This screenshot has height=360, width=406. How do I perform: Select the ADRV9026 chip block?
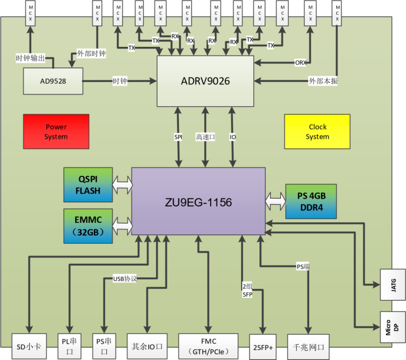click(205, 81)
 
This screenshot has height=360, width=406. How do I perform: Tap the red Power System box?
click(56, 131)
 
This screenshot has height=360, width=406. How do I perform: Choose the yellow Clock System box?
click(317, 131)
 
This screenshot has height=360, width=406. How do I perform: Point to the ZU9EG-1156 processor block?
click(198, 202)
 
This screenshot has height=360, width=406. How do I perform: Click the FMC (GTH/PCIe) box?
click(208, 347)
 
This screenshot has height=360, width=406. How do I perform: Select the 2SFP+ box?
click(262, 347)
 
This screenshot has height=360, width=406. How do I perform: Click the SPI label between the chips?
click(178, 137)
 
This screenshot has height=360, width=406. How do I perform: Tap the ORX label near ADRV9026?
click(300, 62)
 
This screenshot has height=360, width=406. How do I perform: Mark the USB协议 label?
click(124, 278)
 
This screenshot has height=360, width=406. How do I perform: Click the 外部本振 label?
click(323, 81)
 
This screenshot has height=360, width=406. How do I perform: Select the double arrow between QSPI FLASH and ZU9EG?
click(122, 185)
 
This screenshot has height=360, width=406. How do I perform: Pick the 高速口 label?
click(205, 137)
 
